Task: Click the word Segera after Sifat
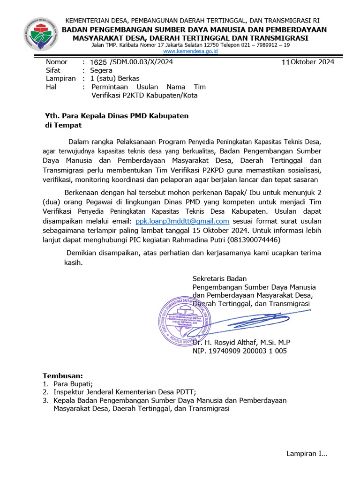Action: click(101, 70)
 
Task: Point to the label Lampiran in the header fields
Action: click(60, 79)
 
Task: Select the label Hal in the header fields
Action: click(51, 87)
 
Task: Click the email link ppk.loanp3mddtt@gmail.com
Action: click(182, 221)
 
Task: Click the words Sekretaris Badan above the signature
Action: click(219, 278)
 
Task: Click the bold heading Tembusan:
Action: click(63, 376)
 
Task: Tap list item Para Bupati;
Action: click(73, 384)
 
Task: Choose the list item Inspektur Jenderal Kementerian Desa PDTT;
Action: click(124, 392)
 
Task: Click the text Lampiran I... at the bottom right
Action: click(307, 454)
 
